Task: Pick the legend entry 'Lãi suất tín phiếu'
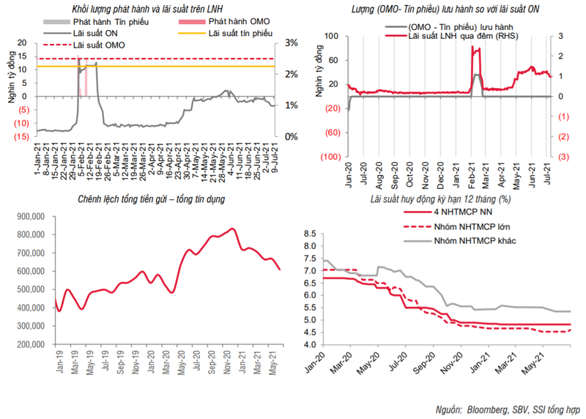click(240, 34)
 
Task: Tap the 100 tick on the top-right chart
click(331, 37)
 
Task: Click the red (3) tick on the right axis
click(563, 157)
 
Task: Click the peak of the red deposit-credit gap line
click(233, 229)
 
